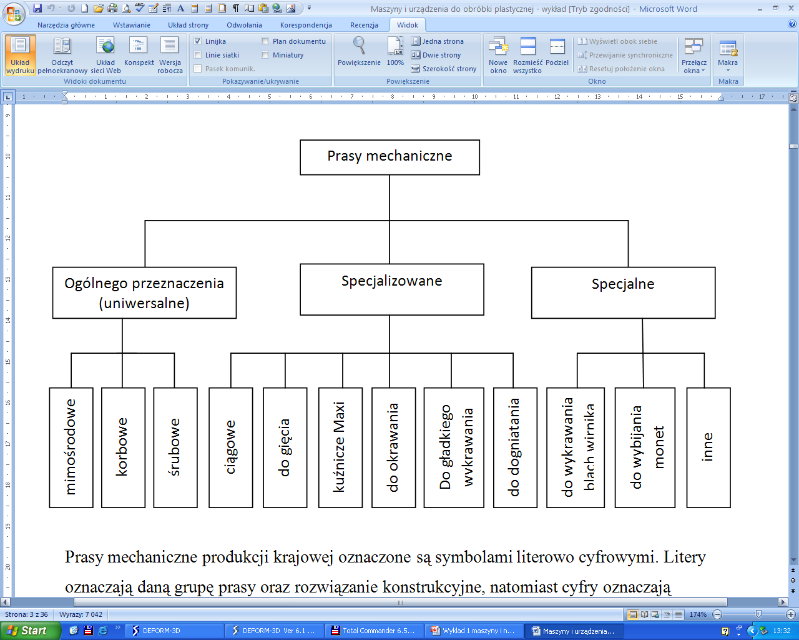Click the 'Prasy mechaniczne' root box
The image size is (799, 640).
[x=390, y=157]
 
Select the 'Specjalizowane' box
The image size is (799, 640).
[x=391, y=289]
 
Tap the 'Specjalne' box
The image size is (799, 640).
[x=623, y=292]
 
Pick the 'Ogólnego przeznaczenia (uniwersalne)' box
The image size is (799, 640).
[x=144, y=292]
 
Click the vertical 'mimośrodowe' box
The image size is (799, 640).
[x=71, y=447]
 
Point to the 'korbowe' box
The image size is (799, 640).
[x=123, y=447]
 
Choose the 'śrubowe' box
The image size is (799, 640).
[x=175, y=447]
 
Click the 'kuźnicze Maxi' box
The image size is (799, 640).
[x=340, y=447]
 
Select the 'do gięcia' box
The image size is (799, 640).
[x=285, y=447]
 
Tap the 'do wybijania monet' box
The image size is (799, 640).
[x=645, y=447]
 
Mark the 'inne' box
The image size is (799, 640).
[x=708, y=447]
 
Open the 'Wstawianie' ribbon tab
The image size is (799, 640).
[x=132, y=25]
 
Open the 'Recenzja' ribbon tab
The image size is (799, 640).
[x=364, y=25]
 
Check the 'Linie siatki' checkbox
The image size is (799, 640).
[x=199, y=55]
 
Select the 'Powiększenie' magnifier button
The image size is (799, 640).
[x=359, y=51]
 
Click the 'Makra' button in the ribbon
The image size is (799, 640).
[x=728, y=52]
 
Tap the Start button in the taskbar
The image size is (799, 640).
[x=30, y=631]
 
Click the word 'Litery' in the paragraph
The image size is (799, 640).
[x=685, y=557]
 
